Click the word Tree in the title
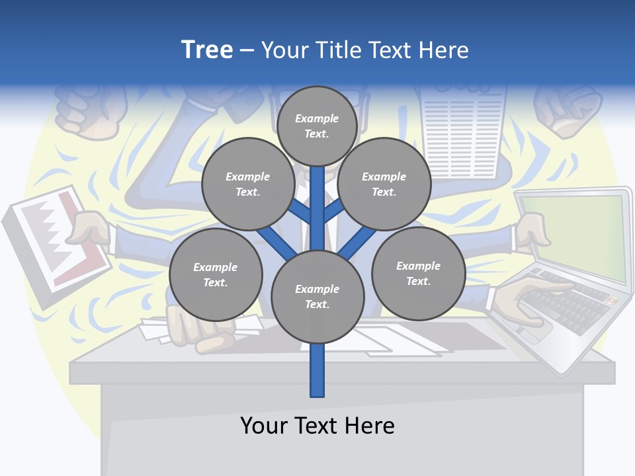click(207, 50)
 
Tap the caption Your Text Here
click(317, 425)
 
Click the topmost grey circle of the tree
click(317, 126)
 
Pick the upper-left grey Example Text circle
click(248, 184)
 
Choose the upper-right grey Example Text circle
click(384, 184)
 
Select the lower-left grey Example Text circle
click(216, 274)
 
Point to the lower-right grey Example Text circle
click(418, 273)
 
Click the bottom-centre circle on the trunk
click(317, 297)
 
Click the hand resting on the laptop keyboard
click(529, 297)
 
